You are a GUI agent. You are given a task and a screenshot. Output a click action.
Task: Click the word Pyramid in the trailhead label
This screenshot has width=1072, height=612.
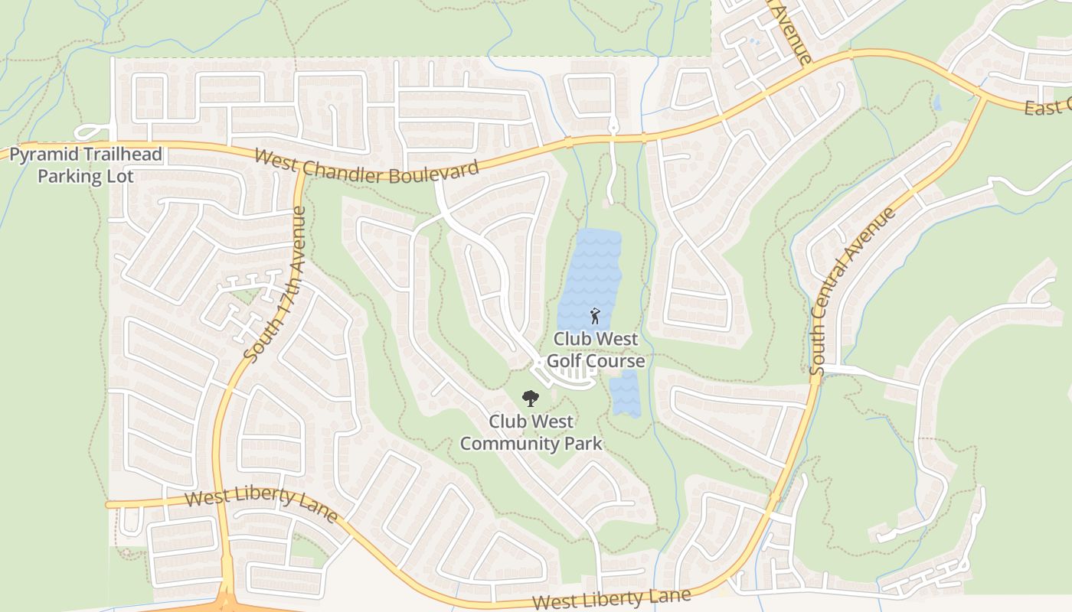(x=41, y=155)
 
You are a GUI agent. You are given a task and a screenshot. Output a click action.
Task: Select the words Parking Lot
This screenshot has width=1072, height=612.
(x=86, y=176)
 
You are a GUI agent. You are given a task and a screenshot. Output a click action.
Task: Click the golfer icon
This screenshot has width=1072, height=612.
(x=595, y=315)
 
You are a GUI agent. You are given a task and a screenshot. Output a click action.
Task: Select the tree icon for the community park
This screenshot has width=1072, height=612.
(x=529, y=398)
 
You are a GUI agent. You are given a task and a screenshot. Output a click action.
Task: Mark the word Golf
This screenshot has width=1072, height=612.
(x=570, y=360)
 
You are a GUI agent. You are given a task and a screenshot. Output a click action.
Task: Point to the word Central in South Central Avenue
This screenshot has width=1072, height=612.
(x=843, y=293)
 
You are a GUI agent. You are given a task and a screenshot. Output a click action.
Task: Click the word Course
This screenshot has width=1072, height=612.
(x=617, y=360)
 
